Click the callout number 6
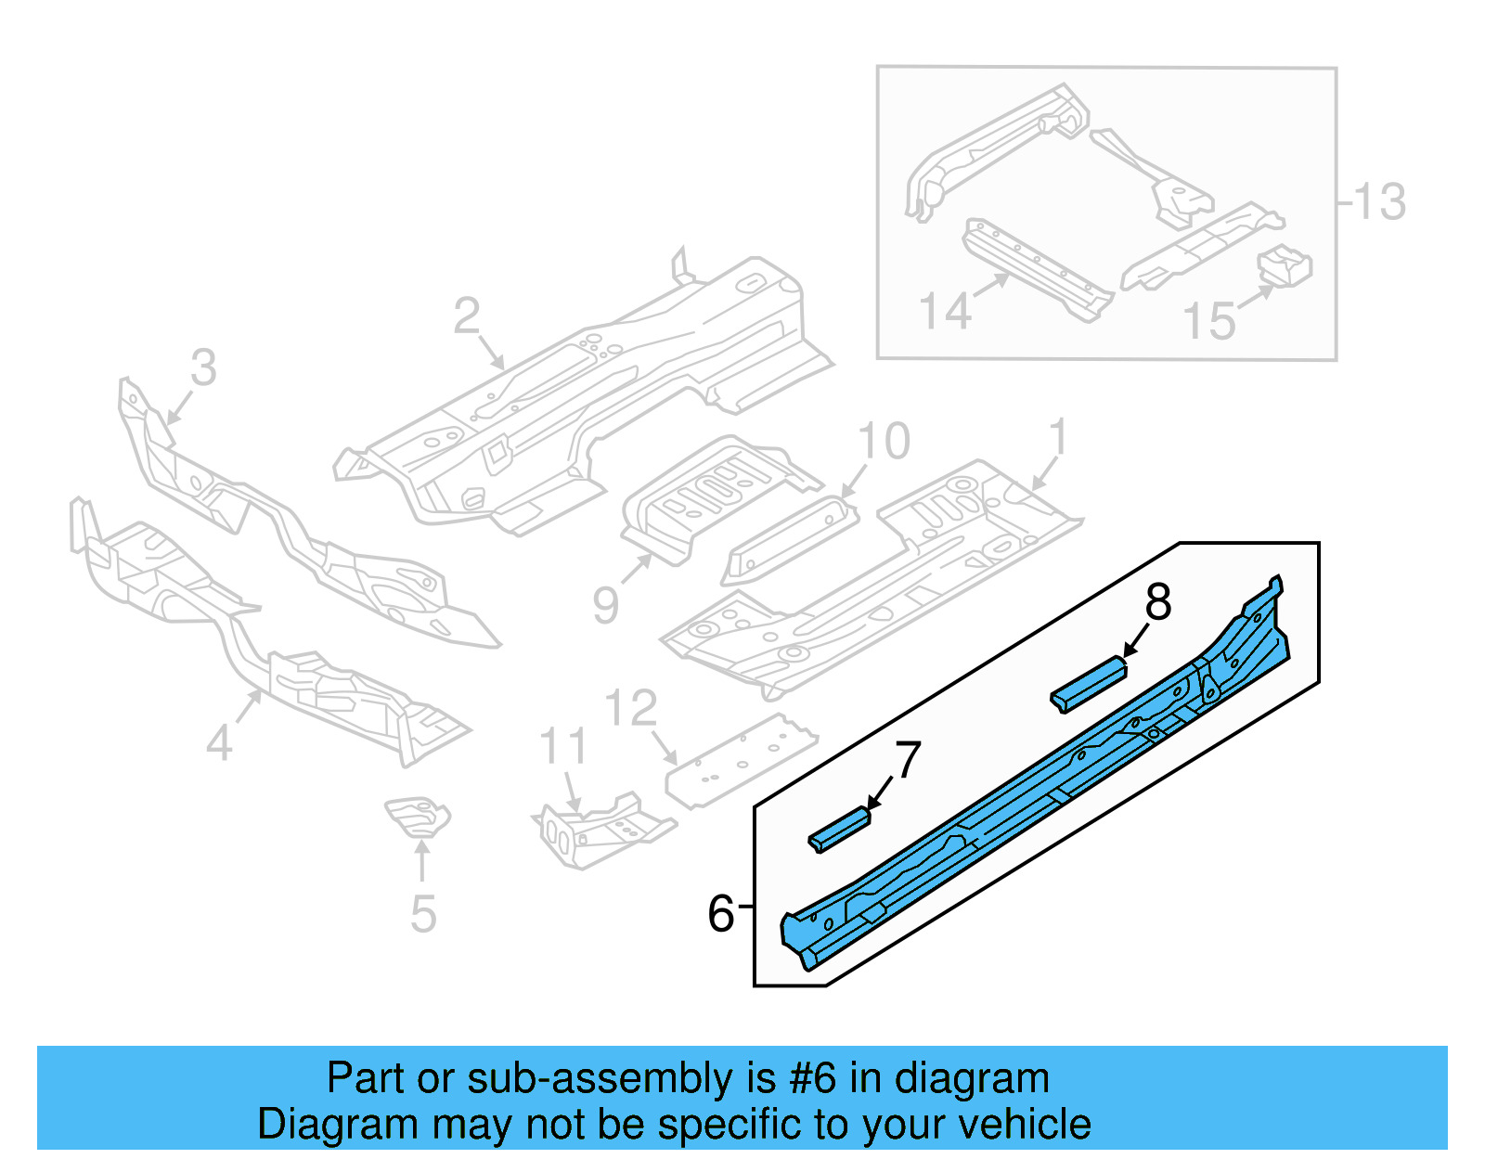pos(720,914)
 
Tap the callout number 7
pos(907,761)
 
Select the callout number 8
pos(1157,603)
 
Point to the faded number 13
pos(1379,202)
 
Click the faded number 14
pos(944,311)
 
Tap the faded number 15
pos(1208,321)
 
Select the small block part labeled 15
pos(1285,264)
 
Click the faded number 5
pos(423,914)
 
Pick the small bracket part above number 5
pos(419,815)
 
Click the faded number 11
pos(563,747)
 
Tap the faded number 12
pos(631,709)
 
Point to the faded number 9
pos(605,606)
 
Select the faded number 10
pos(884,442)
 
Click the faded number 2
pos(466,316)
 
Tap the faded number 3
pos(203,367)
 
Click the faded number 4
pos(219,743)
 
